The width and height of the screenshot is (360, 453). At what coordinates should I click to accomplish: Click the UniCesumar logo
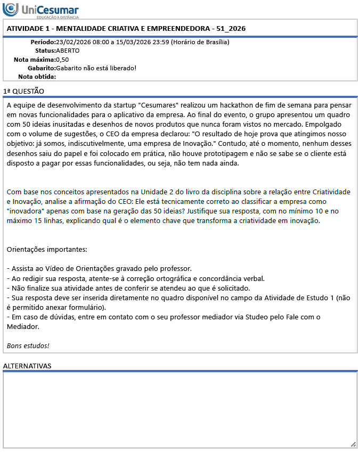point(40,10)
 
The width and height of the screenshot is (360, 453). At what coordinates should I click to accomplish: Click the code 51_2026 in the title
point(230,28)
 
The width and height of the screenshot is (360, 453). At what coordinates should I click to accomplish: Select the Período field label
point(43,42)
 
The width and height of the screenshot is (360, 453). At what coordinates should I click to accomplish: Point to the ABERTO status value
point(68,51)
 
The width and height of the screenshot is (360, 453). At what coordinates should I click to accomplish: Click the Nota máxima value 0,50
point(62,60)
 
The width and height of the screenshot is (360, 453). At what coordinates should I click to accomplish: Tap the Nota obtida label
point(37,77)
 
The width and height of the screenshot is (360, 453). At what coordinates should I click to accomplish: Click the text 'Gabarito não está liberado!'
point(96,68)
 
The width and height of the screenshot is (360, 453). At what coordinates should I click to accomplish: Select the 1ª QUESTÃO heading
point(23,91)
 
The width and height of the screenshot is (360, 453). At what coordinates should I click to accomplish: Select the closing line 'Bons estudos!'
point(28,345)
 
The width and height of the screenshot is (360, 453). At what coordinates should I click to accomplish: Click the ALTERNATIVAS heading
point(27,366)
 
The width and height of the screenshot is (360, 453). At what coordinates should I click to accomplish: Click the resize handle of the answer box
point(353,444)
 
